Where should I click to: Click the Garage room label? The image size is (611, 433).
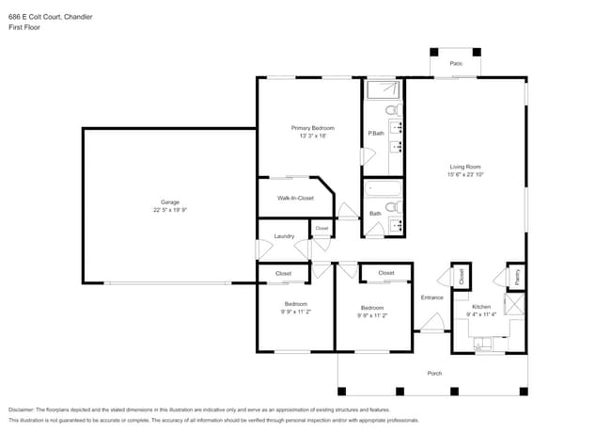tap(169, 202)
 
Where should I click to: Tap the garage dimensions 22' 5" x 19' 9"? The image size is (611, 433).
tap(169, 211)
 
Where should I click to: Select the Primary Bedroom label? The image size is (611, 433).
tap(312, 128)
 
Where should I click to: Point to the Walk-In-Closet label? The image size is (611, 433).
tap(295, 199)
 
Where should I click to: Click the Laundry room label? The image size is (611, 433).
tap(284, 236)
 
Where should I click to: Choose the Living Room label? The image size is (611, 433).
tap(465, 167)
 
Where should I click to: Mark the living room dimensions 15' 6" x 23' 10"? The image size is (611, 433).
tap(465, 175)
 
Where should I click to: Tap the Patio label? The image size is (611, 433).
tap(456, 63)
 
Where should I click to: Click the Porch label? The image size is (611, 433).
tap(434, 374)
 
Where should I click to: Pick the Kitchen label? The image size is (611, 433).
tap(481, 307)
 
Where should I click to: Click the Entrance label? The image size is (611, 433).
tap(431, 297)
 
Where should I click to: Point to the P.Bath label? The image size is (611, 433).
tap(375, 134)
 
